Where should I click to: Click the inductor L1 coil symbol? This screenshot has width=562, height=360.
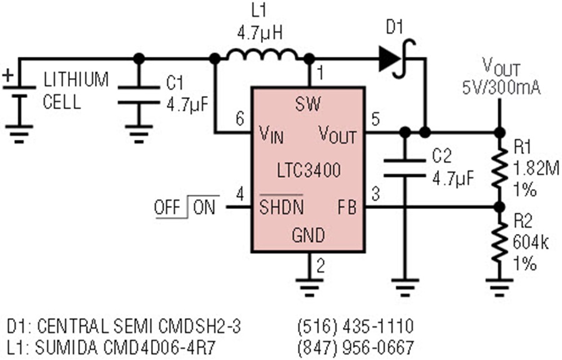pyautogui.click(x=262, y=55)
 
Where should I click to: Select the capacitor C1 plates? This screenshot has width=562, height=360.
pyautogui.click(x=139, y=95)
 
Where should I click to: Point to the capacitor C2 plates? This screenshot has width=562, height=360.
pyautogui.click(x=405, y=168)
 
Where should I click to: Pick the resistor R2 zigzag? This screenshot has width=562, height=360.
pyautogui.click(x=500, y=242)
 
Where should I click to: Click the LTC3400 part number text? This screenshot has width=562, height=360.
pyautogui.click(x=309, y=170)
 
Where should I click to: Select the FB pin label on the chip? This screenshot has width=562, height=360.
pyautogui.click(x=347, y=207)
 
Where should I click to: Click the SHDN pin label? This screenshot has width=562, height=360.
pyautogui.click(x=282, y=207)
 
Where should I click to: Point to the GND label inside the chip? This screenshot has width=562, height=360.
pyautogui.click(x=308, y=235)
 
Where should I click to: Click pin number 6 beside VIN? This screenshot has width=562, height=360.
pyautogui.click(x=240, y=119)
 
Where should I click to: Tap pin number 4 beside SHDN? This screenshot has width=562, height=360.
pyautogui.click(x=240, y=195)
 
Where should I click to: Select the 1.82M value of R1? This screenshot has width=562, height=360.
pyautogui.click(x=536, y=168)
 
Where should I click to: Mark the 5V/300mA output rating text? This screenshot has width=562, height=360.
pyautogui.click(x=501, y=88)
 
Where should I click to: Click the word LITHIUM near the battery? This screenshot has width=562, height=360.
pyautogui.click(x=76, y=79)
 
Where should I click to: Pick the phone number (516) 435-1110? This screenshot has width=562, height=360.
pyautogui.click(x=355, y=326)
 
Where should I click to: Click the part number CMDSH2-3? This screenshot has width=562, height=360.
pyautogui.click(x=199, y=326)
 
